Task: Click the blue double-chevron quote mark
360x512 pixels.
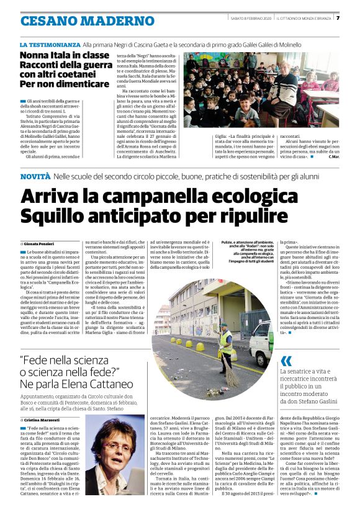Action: click(286, 361)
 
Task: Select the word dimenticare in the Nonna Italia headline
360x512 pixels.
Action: click(71, 84)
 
